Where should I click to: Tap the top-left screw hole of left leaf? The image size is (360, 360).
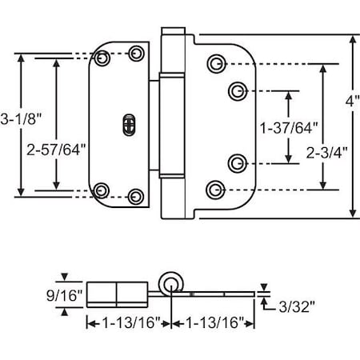[x=102, y=58]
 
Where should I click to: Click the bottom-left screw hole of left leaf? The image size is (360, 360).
[x=102, y=190]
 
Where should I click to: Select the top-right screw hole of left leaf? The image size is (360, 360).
[x=137, y=53]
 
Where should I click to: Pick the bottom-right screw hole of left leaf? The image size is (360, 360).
[x=137, y=195]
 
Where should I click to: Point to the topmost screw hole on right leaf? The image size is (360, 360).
[x=214, y=62]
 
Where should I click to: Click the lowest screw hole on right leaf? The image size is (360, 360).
[x=214, y=188]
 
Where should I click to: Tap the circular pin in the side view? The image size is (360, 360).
[x=170, y=282]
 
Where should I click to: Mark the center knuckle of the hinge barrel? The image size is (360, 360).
[x=170, y=124]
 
